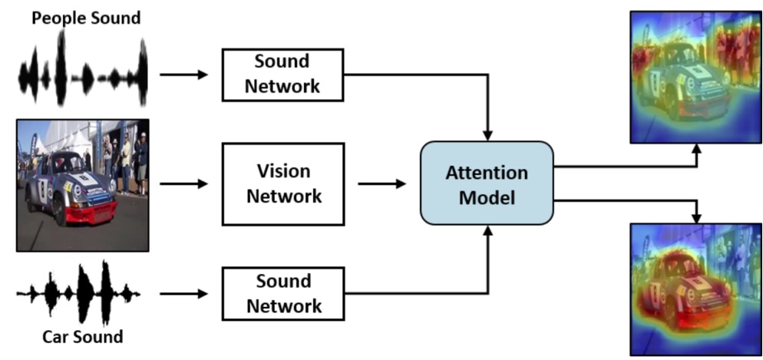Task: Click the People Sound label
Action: click(86, 17)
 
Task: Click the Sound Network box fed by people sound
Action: click(282, 74)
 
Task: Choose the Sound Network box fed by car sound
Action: click(282, 293)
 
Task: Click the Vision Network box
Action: click(282, 184)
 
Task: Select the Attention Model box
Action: click(487, 183)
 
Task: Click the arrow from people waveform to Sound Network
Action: click(184, 74)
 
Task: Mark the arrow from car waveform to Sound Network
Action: click(184, 293)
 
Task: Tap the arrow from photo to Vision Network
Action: click(184, 184)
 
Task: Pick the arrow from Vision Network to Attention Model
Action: click(381, 184)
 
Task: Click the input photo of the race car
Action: click(83, 185)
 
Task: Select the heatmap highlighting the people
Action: click(695, 77)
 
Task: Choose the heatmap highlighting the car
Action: click(695, 289)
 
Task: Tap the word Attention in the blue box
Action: click(487, 172)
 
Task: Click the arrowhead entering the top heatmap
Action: click(696, 151)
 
